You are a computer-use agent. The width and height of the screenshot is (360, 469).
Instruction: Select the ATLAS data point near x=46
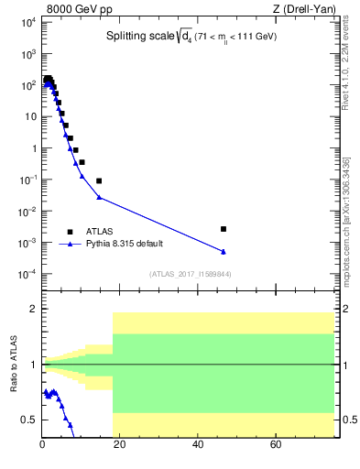click(224, 229)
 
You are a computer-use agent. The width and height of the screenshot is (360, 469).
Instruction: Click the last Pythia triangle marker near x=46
click(224, 252)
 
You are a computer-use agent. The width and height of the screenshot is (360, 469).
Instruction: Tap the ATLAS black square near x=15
click(99, 180)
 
